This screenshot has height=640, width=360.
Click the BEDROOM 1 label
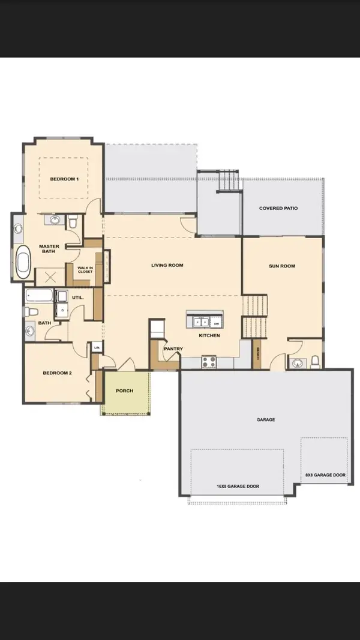click(64, 179)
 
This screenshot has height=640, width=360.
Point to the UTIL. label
click(77, 298)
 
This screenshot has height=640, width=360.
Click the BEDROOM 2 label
click(57, 373)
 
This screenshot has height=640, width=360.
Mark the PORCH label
click(125, 390)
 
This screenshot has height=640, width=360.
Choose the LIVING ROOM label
click(167, 265)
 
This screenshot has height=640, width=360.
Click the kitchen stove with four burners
click(208, 362)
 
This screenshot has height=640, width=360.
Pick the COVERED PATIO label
click(278, 209)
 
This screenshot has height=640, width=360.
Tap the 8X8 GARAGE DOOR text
click(325, 474)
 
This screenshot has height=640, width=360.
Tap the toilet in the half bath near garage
click(314, 362)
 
